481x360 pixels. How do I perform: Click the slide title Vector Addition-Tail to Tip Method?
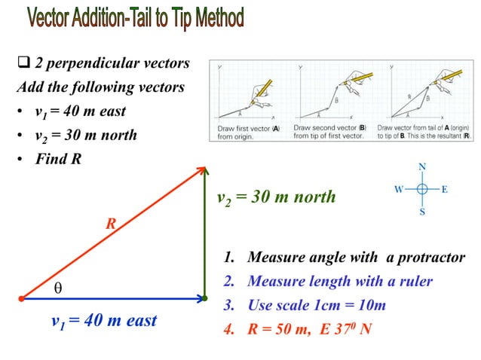point(136,18)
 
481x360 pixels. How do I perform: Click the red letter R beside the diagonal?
point(111,224)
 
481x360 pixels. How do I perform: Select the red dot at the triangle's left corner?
point(21,299)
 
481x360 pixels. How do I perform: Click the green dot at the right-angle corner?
point(204,299)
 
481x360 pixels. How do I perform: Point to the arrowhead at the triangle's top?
point(203,169)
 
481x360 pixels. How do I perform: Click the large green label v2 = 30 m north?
point(276,197)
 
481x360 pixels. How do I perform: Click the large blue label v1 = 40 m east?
point(104,321)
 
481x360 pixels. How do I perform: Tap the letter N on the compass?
point(422,166)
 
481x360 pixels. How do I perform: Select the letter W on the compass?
point(398,189)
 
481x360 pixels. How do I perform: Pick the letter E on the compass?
point(445,189)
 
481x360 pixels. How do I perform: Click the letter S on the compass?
point(422,212)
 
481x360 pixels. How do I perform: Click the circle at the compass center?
point(422,189)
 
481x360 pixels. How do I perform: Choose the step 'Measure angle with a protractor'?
point(345,258)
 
